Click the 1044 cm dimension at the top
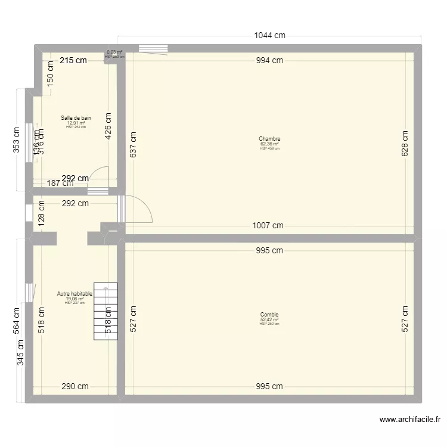[269, 35]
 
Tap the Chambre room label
[269, 139]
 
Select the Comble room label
[269, 315]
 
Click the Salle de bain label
[76, 118]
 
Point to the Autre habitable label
[74, 294]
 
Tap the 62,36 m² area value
[269, 144]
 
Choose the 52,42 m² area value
[269, 319]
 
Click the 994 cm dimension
[269, 60]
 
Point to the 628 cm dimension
[405, 144]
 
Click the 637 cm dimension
[133, 145]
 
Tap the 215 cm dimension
[73, 60]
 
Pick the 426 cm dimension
[108, 126]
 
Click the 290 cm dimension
[74, 386]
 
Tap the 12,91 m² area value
[76, 123]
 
